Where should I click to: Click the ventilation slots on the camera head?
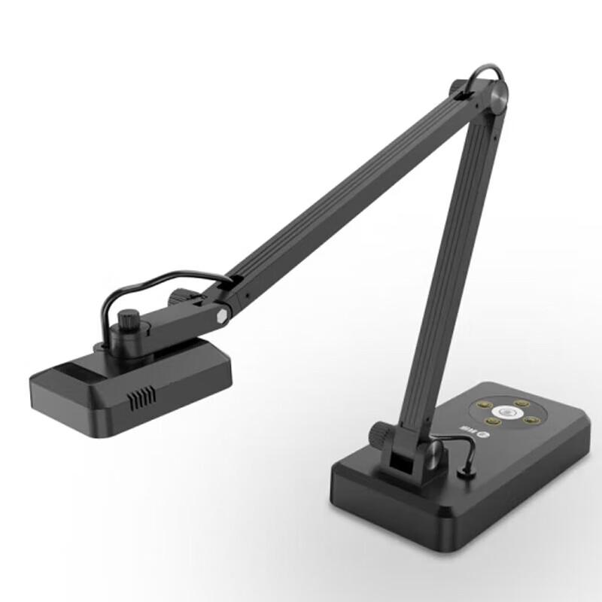(x=141, y=399)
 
